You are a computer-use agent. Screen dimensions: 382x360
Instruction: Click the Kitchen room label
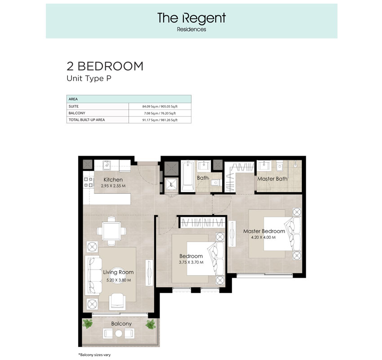coord(113,180)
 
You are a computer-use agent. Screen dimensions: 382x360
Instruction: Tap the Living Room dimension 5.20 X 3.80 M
coord(119,280)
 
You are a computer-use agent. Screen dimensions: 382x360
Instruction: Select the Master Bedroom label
coord(264,231)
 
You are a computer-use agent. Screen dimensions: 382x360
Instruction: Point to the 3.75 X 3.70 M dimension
coord(191,262)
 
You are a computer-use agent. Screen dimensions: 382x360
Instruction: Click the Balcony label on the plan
coord(121,324)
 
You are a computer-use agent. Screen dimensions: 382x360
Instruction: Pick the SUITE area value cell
coord(160,106)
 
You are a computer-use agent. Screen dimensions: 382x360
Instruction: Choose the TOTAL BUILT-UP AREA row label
coord(87,120)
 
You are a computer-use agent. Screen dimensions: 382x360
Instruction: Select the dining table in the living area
coord(111,231)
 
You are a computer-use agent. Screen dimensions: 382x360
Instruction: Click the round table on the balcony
coord(119,333)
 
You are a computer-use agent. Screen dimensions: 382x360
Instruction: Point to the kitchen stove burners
coord(89,182)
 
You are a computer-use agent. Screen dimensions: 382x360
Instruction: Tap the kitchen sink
coord(107,165)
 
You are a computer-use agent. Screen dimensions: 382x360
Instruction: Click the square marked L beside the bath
coord(172,184)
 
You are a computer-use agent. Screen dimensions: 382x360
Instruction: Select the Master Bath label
coord(272,179)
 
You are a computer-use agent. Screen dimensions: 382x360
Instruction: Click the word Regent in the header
coord(204,18)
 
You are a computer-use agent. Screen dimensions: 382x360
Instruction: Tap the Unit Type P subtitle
coord(89,79)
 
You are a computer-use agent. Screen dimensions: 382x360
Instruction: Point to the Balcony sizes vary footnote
coord(94,355)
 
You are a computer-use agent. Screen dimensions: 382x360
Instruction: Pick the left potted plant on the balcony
coord(87,324)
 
